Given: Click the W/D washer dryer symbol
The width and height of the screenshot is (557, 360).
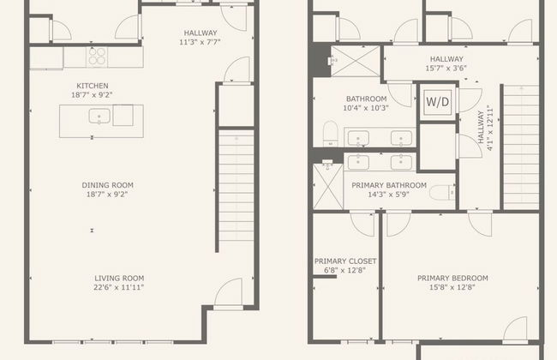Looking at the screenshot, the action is coord(438,102).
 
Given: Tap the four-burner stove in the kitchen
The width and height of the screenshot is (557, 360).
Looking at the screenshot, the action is coord(97,57).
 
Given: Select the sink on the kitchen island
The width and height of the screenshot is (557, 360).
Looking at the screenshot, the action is coord(99,117).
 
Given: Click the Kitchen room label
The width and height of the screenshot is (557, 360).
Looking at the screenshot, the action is coord(93,86).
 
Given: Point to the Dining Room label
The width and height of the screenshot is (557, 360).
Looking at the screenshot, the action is coord(108,185).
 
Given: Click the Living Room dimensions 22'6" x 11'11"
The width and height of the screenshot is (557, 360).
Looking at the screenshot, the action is coord(118,287).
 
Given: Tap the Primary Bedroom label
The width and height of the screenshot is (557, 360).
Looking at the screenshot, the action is coord(452,278).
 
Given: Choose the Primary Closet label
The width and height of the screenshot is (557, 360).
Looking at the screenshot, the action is coord(345,261).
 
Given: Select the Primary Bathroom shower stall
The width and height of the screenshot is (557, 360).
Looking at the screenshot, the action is coord(328,186).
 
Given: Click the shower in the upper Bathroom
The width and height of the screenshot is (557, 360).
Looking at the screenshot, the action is coord(356,61).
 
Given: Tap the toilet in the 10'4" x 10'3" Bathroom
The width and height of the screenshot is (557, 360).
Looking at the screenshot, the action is coord(331,134).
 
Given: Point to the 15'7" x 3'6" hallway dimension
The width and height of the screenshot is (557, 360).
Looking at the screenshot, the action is coord(446,69).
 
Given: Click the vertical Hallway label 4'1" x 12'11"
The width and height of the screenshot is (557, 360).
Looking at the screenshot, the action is coord(485,127).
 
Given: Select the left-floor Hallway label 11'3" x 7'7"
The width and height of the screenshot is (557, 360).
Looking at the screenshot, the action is coord(200,38).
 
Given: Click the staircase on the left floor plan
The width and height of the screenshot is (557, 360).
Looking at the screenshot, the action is coord(237,191).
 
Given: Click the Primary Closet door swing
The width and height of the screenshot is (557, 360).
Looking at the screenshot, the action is coord(362,223).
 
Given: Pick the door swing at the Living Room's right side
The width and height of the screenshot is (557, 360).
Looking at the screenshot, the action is coord(228,292).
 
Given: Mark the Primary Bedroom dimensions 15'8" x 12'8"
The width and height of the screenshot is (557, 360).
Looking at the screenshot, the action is coord(452,287).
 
